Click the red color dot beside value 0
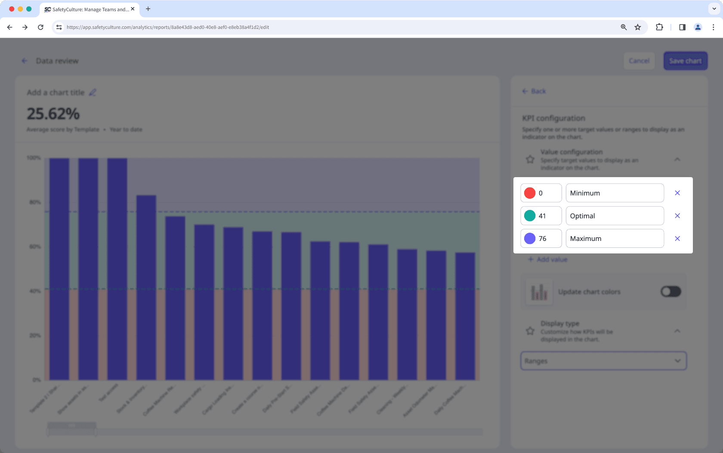530,193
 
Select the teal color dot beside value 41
530,216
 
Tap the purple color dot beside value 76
530,238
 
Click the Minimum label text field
614,193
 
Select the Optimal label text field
614,216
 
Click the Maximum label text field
614,238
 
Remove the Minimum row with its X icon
677,193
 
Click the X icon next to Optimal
677,216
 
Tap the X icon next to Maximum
677,238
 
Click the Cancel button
639,61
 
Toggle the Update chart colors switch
670,292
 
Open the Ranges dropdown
603,361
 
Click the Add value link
548,259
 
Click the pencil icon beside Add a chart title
93,93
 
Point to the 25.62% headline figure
53,114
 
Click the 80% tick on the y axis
35,202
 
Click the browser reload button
40,27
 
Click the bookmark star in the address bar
638,27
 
